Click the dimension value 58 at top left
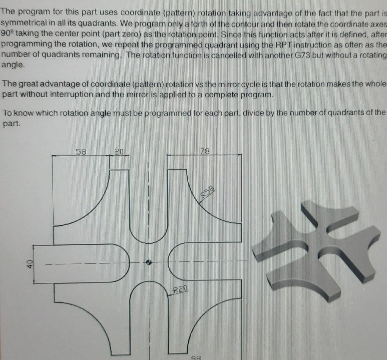81,152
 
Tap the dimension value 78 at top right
205,152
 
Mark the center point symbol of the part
149,262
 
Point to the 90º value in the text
7,34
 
